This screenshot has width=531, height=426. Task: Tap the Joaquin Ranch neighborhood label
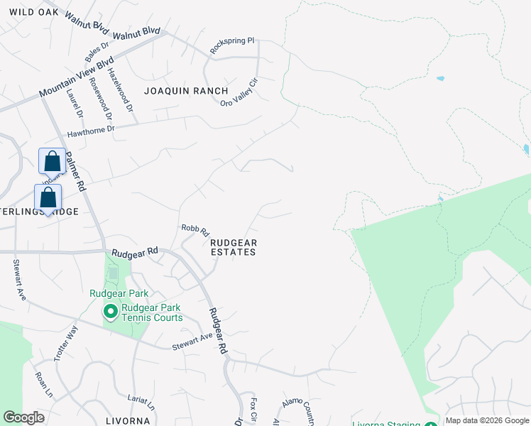point(186,91)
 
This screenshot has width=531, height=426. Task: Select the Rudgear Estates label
point(234,247)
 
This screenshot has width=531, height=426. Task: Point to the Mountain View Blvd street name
point(77,77)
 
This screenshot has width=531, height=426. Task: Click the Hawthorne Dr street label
point(90,132)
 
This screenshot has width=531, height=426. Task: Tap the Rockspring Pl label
point(232,45)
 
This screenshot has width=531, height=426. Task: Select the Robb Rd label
point(195,230)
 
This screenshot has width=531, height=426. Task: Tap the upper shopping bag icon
point(53,162)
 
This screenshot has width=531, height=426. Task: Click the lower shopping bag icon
point(48,198)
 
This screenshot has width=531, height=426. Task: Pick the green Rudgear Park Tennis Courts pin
point(110,312)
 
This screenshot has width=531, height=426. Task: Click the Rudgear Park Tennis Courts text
point(151,312)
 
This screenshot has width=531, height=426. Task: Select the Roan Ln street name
point(43,383)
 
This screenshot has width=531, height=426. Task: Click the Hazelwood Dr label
point(120,89)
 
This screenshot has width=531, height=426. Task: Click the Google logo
point(24,417)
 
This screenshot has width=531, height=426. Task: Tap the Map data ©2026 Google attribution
point(486,420)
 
